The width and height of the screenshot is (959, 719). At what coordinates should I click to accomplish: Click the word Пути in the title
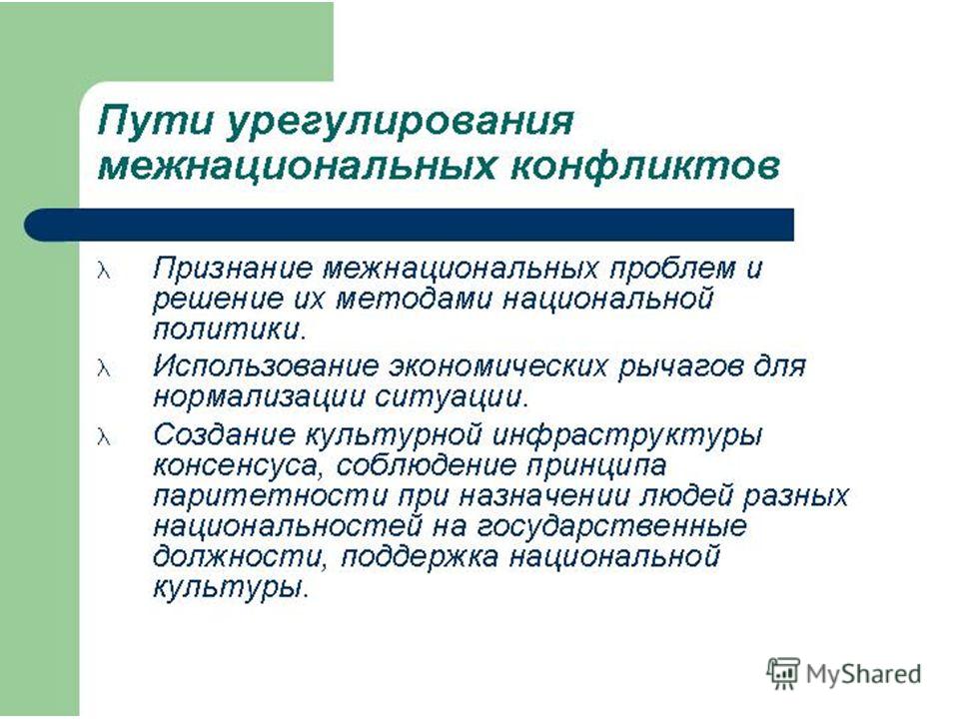(x=156, y=121)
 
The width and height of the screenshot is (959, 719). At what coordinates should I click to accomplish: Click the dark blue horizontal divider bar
(x=409, y=225)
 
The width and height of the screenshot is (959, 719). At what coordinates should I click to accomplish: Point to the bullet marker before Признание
(x=104, y=271)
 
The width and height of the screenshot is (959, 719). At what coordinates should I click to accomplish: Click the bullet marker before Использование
(x=104, y=368)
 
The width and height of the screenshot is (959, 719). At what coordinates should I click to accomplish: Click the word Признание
(x=233, y=269)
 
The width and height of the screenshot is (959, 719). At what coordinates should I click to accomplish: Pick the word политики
(x=229, y=331)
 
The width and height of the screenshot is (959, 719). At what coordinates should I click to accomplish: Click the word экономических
(x=498, y=366)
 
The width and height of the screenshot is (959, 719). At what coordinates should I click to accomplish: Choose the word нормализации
(x=258, y=398)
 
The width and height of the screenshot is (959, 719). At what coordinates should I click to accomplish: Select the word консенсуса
(x=236, y=466)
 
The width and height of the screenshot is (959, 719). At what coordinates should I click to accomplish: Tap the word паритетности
(x=270, y=497)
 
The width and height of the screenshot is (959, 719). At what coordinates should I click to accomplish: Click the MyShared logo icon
(x=783, y=673)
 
